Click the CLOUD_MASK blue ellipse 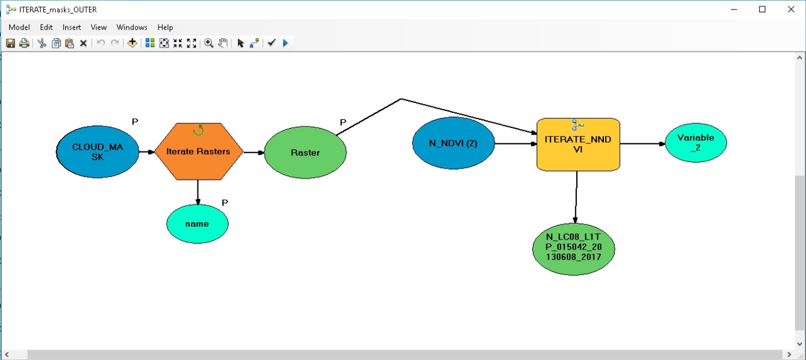tap(98, 152)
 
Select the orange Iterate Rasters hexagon tap(199, 152)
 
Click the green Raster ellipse tap(305, 153)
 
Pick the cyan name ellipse tap(197, 224)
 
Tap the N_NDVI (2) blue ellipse tap(454, 143)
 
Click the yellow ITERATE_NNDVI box tap(578, 144)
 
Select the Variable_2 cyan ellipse tap(696, 143)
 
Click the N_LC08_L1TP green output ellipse tap(573, 249)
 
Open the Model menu tap(19, 28)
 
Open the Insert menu tap(72, 28)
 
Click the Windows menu tap(132, 28)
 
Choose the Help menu tap(165, 28)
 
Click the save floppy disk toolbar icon tap(11, 43)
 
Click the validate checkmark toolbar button tap(271, 43)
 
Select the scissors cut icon tap(42, 43)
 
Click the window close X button tap(791, 9)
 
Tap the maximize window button tap(762, 9)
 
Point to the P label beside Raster tap(343, 122)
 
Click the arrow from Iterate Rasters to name tap(197, 193)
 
